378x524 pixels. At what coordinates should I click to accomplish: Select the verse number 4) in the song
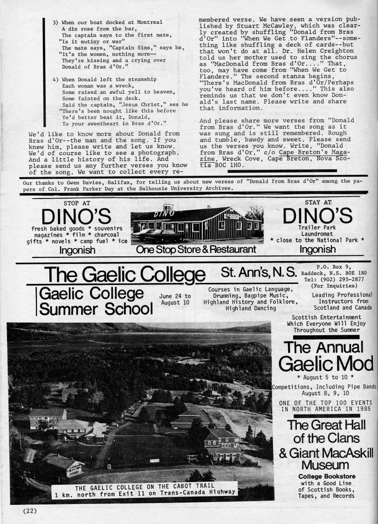tap(56, 80)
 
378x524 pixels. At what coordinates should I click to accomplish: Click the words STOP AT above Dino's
tap(77, 203)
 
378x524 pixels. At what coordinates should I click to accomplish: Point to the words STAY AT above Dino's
tap(318, 202)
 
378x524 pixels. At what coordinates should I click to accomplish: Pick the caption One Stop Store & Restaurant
tap(196, 250)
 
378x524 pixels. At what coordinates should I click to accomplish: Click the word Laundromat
tap(317, 234)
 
